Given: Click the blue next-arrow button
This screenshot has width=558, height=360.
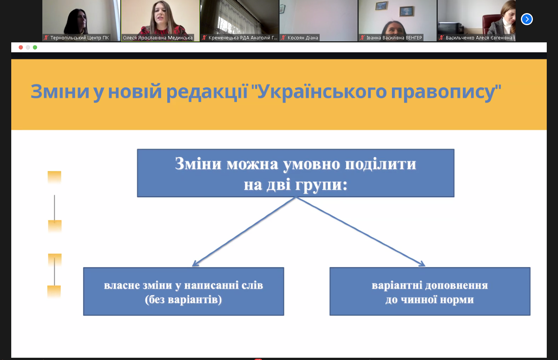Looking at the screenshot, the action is (527, 19).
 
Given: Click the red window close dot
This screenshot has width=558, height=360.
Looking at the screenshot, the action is (21, 47).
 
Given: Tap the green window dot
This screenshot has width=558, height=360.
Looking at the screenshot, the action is (35, 47).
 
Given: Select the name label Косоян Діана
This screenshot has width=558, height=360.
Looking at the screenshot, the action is (303, 37).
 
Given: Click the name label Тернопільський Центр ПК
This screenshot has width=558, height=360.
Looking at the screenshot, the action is (79, 37).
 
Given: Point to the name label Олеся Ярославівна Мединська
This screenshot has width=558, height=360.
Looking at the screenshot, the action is (158, 37).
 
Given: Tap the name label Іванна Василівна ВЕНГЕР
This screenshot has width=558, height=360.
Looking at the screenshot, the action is (394, 37).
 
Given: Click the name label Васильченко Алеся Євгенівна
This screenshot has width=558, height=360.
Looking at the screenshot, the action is (479, 37).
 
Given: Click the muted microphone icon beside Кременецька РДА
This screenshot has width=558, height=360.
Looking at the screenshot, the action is (204, 37).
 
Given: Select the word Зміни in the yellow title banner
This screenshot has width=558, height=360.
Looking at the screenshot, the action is (60, 91).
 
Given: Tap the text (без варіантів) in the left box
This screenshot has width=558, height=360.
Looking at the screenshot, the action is (183, 299).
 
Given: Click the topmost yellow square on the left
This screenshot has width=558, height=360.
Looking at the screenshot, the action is (54, 177).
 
